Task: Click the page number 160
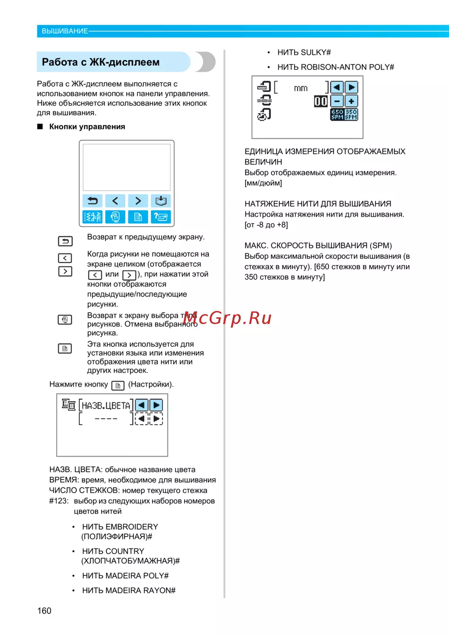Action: [x=44, y=611]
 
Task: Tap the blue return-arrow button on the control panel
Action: [x=92, y=201]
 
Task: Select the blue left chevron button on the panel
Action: [x=115, y=201]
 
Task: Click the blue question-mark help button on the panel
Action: [x=161, y=217]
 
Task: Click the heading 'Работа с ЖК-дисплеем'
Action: [x=101, y=62]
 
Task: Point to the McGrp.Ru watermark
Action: [x=227, y=318]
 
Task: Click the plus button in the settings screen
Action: [x=351, y=101]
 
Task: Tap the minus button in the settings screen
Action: [x=337, y=101]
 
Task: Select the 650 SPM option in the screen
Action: [x=337, y=114]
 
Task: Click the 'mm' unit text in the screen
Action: [x=301, y=89]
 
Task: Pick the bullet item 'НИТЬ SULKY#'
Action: [x=304, y=53]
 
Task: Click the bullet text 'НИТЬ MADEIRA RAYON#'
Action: [x=128, y=591]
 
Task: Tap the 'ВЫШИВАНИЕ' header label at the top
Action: [x=65, y=31]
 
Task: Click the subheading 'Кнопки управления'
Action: [x=87, y=127]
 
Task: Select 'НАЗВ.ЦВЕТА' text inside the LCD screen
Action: [x=106, y=406]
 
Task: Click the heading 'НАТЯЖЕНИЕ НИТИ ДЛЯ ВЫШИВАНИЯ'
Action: [x=318, y=204]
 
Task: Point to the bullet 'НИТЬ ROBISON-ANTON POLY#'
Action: [x=335, y=67]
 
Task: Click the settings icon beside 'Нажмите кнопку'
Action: [x=118, y=386]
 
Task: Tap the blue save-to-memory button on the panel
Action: [x=161, y=201]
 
